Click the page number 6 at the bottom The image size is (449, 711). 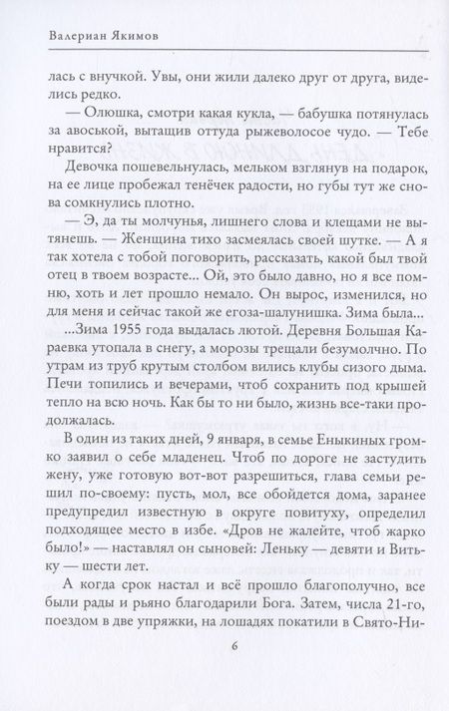point(224,673)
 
